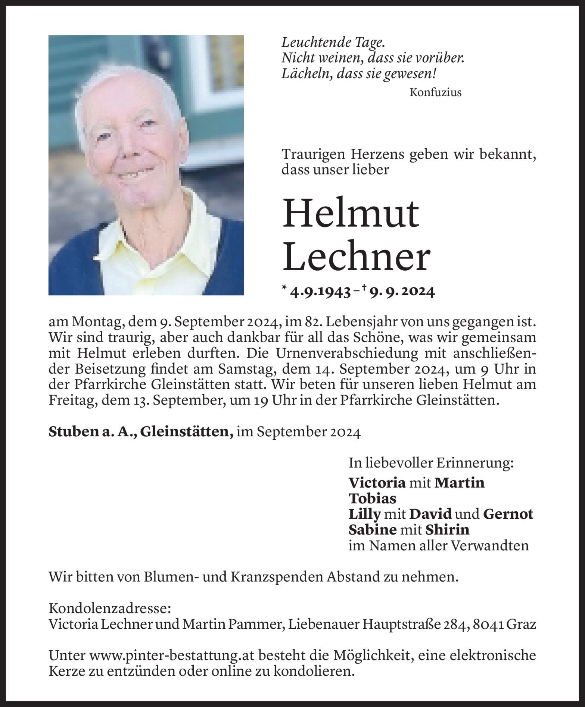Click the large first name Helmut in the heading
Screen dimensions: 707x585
point(351,214)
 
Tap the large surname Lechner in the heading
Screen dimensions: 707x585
point(356,257)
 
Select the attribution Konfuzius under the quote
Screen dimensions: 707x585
point(435,92)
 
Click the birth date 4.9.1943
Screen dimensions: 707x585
point(320,292)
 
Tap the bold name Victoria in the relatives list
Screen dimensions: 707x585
point(377,483)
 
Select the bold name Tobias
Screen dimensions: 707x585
point(372,499)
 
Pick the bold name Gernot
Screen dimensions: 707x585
point(508,514)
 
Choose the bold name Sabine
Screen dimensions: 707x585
point(372,530)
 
